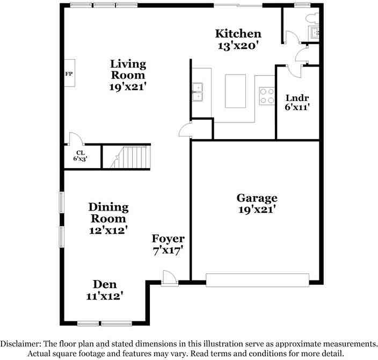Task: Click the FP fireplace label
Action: [69, 73]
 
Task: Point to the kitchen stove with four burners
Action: [266, 96]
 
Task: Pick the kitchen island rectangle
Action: [236, 91]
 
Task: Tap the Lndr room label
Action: [297, 98]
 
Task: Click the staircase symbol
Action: [125, 157]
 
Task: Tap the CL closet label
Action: [79, 153]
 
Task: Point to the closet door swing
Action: [75, 139]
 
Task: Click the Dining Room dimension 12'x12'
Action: [108, 230]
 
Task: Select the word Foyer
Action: [168, 239]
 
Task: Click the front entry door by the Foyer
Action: [168, 276]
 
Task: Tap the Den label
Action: [105, 284]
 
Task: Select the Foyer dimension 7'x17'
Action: [168, 250]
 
